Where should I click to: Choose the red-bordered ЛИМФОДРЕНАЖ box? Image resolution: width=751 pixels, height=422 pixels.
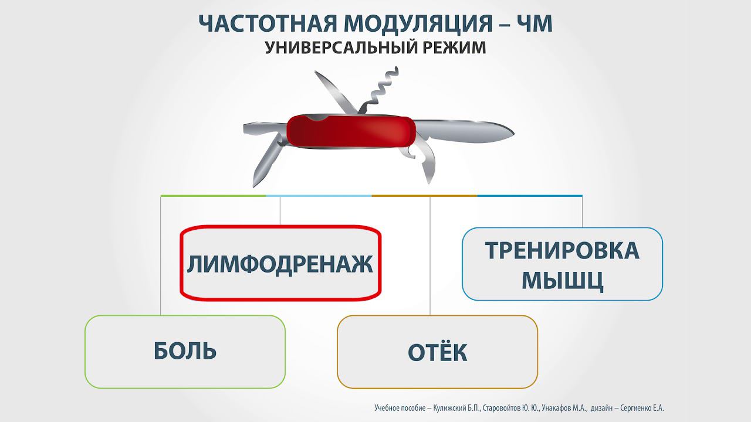click(280, 263)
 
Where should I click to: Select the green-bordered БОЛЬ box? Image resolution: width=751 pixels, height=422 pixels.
click(185, 352)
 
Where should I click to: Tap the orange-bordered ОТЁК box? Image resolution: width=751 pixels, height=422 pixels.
click(437, 352)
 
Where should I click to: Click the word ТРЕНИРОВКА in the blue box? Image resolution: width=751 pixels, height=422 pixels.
click(562, 251)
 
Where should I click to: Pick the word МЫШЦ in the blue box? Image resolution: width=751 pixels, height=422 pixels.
click(562, 281)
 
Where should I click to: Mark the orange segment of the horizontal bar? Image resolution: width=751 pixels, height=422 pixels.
click(424, 195)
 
